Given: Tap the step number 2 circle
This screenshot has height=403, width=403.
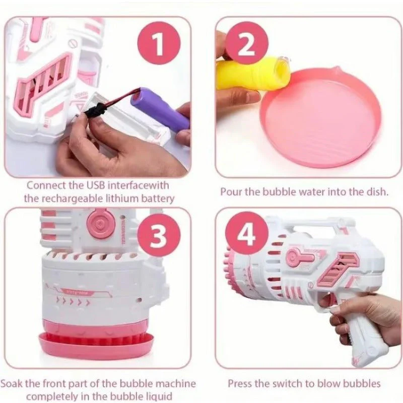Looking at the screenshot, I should (x=246, y=45).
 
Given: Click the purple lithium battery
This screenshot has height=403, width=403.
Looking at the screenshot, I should (x=160, y=107).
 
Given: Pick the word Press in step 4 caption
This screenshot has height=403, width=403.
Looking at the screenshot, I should (x=240, y=383).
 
